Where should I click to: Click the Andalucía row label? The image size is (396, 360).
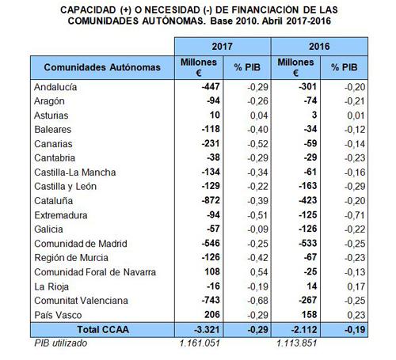[55, 87]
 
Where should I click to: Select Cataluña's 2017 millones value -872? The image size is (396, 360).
[211, 200]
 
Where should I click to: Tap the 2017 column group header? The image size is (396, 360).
[223, 47]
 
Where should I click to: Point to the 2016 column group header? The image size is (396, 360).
[319, 47]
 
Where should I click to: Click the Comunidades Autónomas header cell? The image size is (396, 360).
[102, 67]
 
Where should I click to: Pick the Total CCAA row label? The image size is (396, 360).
[103, 330]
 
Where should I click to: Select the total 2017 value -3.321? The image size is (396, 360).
[207, 330]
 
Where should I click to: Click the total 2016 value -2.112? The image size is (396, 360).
[304, 330]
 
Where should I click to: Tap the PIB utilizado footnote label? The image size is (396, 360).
[61, 343]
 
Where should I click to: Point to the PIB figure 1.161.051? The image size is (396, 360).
[200, 343]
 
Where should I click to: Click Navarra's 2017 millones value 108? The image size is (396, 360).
[212, 271]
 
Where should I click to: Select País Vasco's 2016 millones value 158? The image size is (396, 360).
[309, 314]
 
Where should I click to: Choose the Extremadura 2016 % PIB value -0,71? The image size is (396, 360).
[355, 215]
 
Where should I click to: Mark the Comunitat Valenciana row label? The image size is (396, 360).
[81, 301]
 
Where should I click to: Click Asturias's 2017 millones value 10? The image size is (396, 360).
[215, 115]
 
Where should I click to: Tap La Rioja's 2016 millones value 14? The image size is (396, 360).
[312, 286]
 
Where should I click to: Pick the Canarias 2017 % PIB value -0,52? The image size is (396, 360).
[257, 144]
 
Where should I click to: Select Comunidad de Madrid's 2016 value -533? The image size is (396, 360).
[308, 243]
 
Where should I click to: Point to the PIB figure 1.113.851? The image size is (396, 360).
[297, 343]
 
